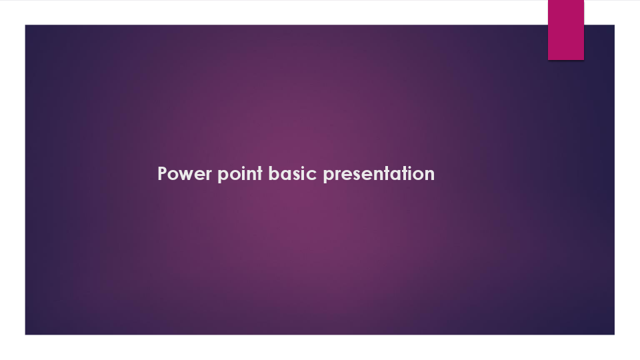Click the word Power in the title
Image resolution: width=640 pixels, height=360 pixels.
tap(185, 174)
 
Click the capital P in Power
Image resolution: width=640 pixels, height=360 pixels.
tap(163, 174)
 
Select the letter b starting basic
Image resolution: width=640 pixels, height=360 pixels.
tap(273, 174)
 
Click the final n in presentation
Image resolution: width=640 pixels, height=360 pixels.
tap(429, 175)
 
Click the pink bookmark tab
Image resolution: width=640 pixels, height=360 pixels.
tap(566, 30)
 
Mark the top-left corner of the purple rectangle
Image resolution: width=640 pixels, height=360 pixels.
tap(25, 25)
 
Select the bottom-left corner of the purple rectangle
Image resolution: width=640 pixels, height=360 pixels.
tap(25, 334)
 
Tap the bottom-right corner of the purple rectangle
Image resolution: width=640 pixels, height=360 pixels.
tap(614, 334)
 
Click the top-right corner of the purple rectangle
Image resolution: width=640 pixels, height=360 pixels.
tap(614, 25)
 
